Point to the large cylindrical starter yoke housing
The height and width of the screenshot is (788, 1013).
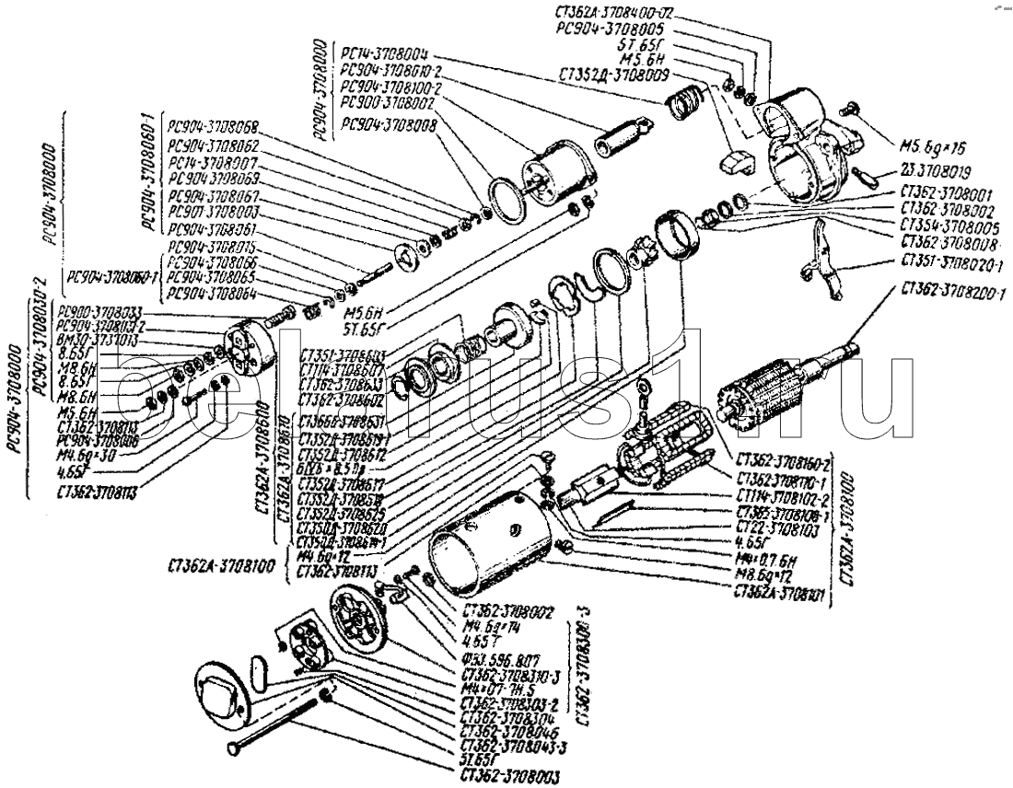click(x=488, y=543)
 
